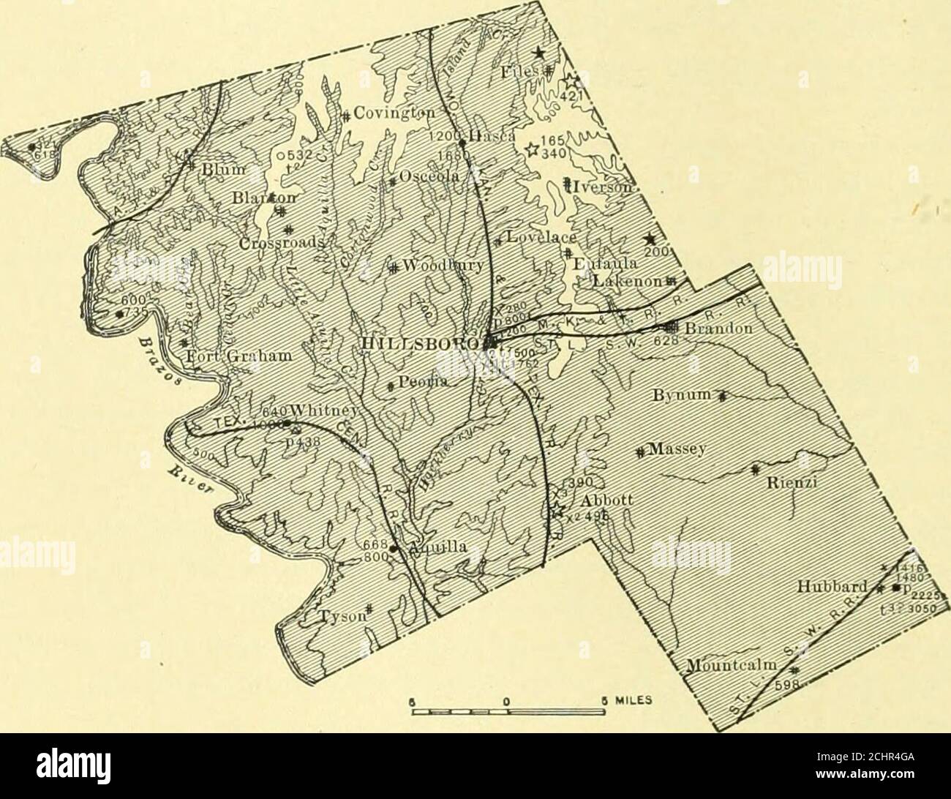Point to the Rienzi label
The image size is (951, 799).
tap(786, 484)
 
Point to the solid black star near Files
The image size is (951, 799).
tap(538, 52)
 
